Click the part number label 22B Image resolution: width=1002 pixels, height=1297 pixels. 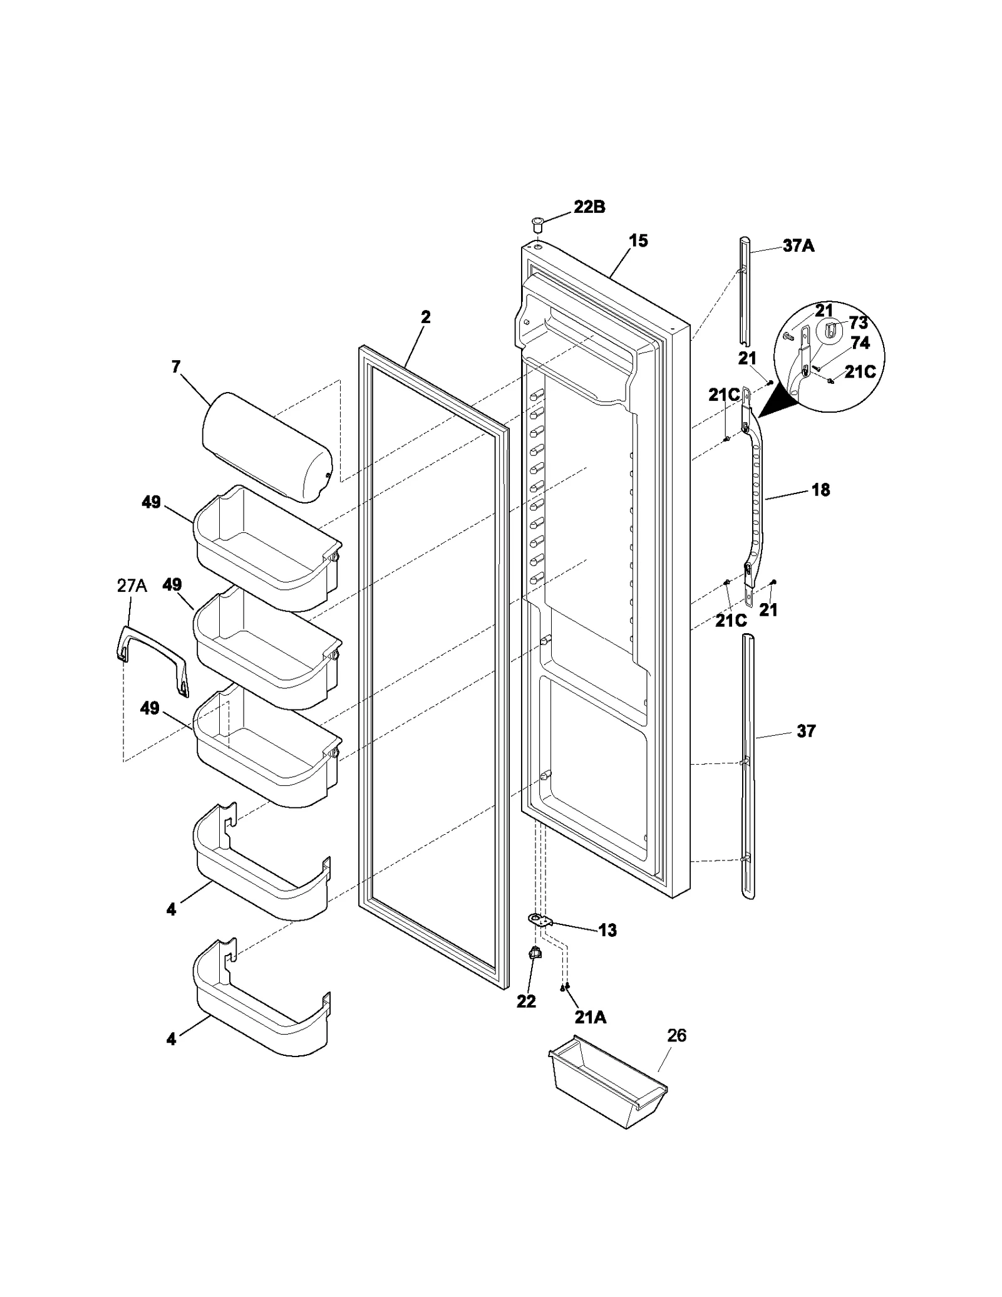coord(589,207)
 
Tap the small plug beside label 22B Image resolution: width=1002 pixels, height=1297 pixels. coord(537,223)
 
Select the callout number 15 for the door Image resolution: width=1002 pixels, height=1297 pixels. coord(638,240)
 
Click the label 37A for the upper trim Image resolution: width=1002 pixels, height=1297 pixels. coord(798,246)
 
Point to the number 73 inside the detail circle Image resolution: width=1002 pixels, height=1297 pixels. coord(858,323)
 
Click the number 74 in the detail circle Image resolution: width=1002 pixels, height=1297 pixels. coord(860,343)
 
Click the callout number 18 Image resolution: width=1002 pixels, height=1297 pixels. coord(820,490)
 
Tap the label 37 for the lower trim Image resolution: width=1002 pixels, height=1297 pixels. coord(806,731)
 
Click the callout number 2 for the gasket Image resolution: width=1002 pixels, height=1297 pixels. coord(425,317)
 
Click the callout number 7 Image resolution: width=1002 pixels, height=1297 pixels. coord(176,366)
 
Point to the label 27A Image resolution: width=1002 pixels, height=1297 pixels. coord(132,586)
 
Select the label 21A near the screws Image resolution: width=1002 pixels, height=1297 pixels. coord(591,1017)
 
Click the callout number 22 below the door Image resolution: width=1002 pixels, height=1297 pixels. coord(526,1001)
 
